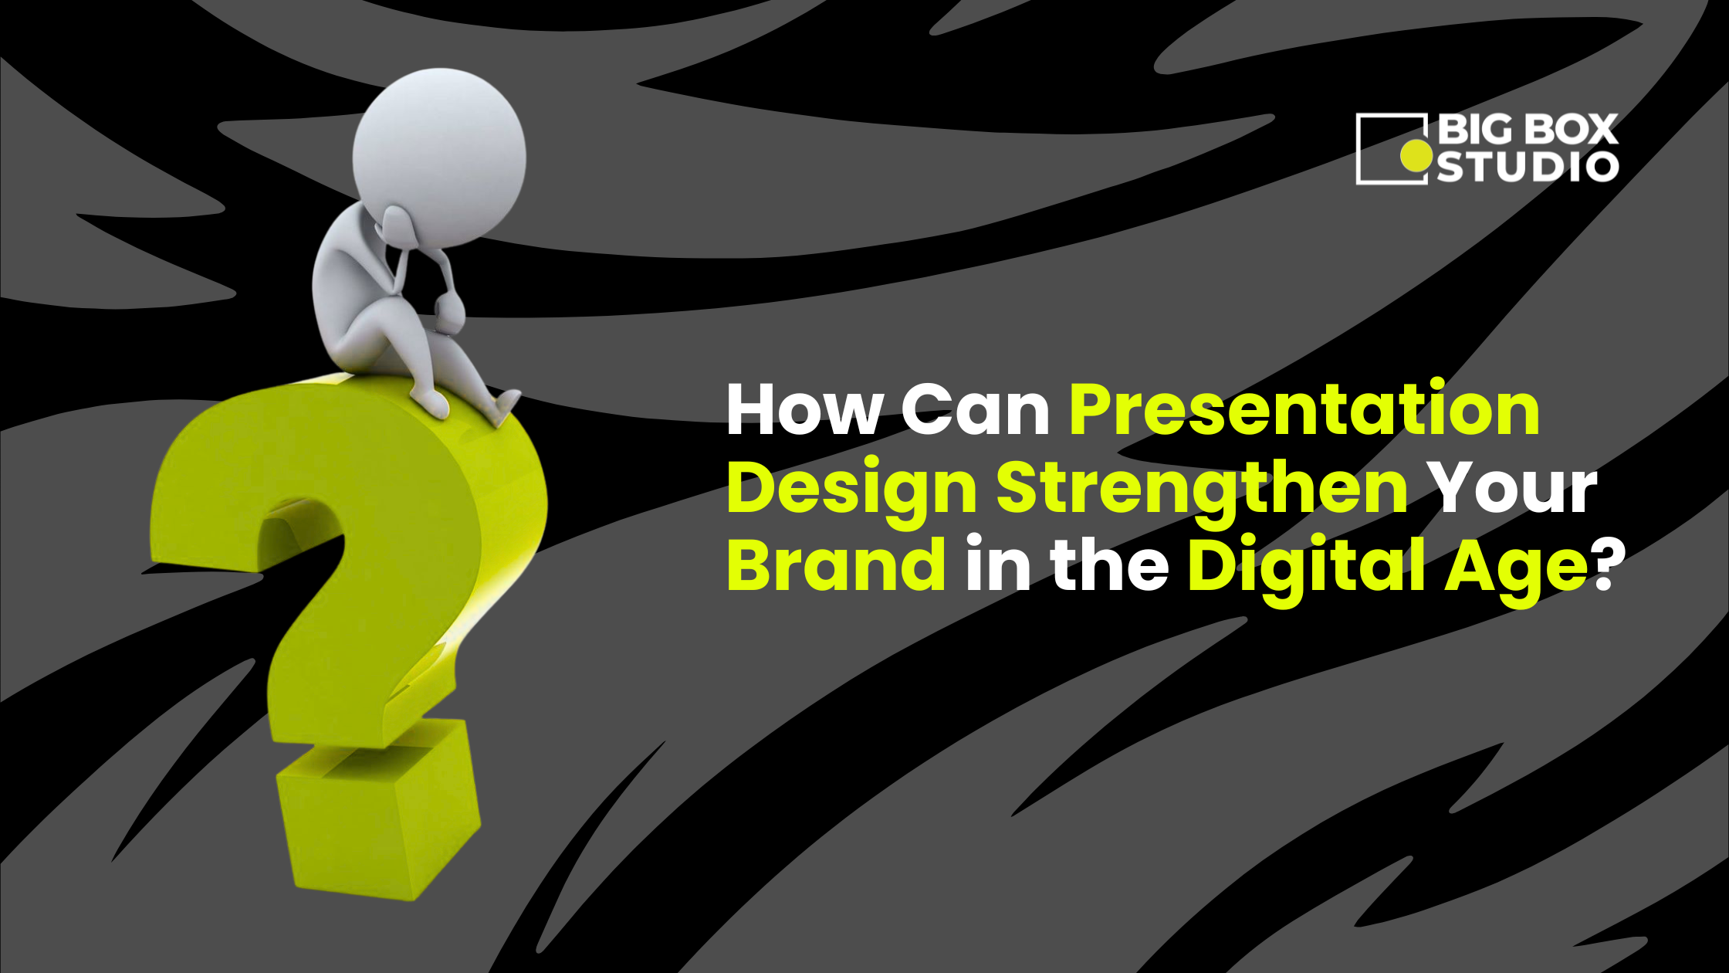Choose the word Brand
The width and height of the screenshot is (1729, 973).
837,565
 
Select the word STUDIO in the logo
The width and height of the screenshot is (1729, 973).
1527,167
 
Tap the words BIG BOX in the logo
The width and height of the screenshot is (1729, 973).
1527,129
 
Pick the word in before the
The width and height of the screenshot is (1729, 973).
998,565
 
